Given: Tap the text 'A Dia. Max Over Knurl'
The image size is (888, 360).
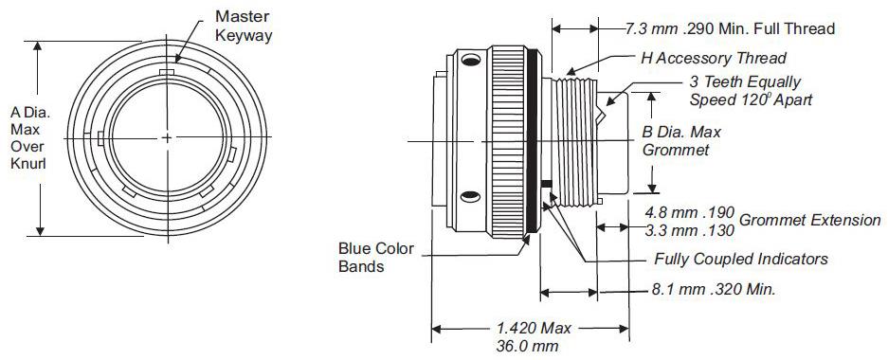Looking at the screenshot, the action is point(30,138).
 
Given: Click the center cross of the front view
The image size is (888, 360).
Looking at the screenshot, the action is point(167,137).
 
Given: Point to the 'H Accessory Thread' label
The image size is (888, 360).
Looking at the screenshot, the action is point(714,58).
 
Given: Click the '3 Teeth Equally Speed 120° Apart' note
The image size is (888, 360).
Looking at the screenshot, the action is point(751,91).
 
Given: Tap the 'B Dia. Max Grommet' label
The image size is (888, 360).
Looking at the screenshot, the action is point(681,141).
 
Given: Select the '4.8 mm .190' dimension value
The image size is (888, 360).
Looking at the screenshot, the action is point(689,212).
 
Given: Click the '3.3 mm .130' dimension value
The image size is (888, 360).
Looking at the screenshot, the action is point(689,230).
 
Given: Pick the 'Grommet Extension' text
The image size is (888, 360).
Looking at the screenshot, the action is point(810,220).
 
